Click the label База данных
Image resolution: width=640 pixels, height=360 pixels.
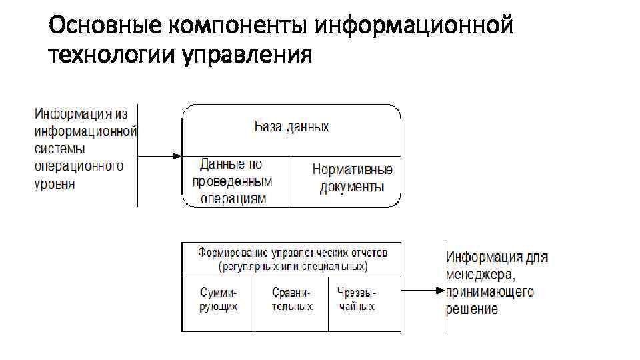[x=291, y=127]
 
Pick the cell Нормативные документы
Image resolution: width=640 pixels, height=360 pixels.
[x=352, y=178]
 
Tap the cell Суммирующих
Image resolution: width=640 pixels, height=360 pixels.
[x=218, y=299]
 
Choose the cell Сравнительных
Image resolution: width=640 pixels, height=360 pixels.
[x=291, y=299]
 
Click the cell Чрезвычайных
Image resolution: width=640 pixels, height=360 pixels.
[x=356, y=299]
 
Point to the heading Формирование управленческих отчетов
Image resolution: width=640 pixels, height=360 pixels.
[x=292, y=253]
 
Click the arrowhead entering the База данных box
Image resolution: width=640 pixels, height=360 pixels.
[x=177, y=157]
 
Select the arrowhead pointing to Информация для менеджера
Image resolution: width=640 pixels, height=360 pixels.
[x=439, y=291]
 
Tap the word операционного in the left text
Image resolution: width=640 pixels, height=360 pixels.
[x=79, y=166]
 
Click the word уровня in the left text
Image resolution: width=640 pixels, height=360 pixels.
[x=55, y=183]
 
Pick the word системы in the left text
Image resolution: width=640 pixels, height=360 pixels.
[x=60, y=149]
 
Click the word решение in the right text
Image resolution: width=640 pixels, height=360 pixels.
[x=472, y=309]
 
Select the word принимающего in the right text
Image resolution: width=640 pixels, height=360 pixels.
[x=490, y=292]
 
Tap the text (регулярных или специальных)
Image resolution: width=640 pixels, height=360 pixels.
[x=292, y=266]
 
